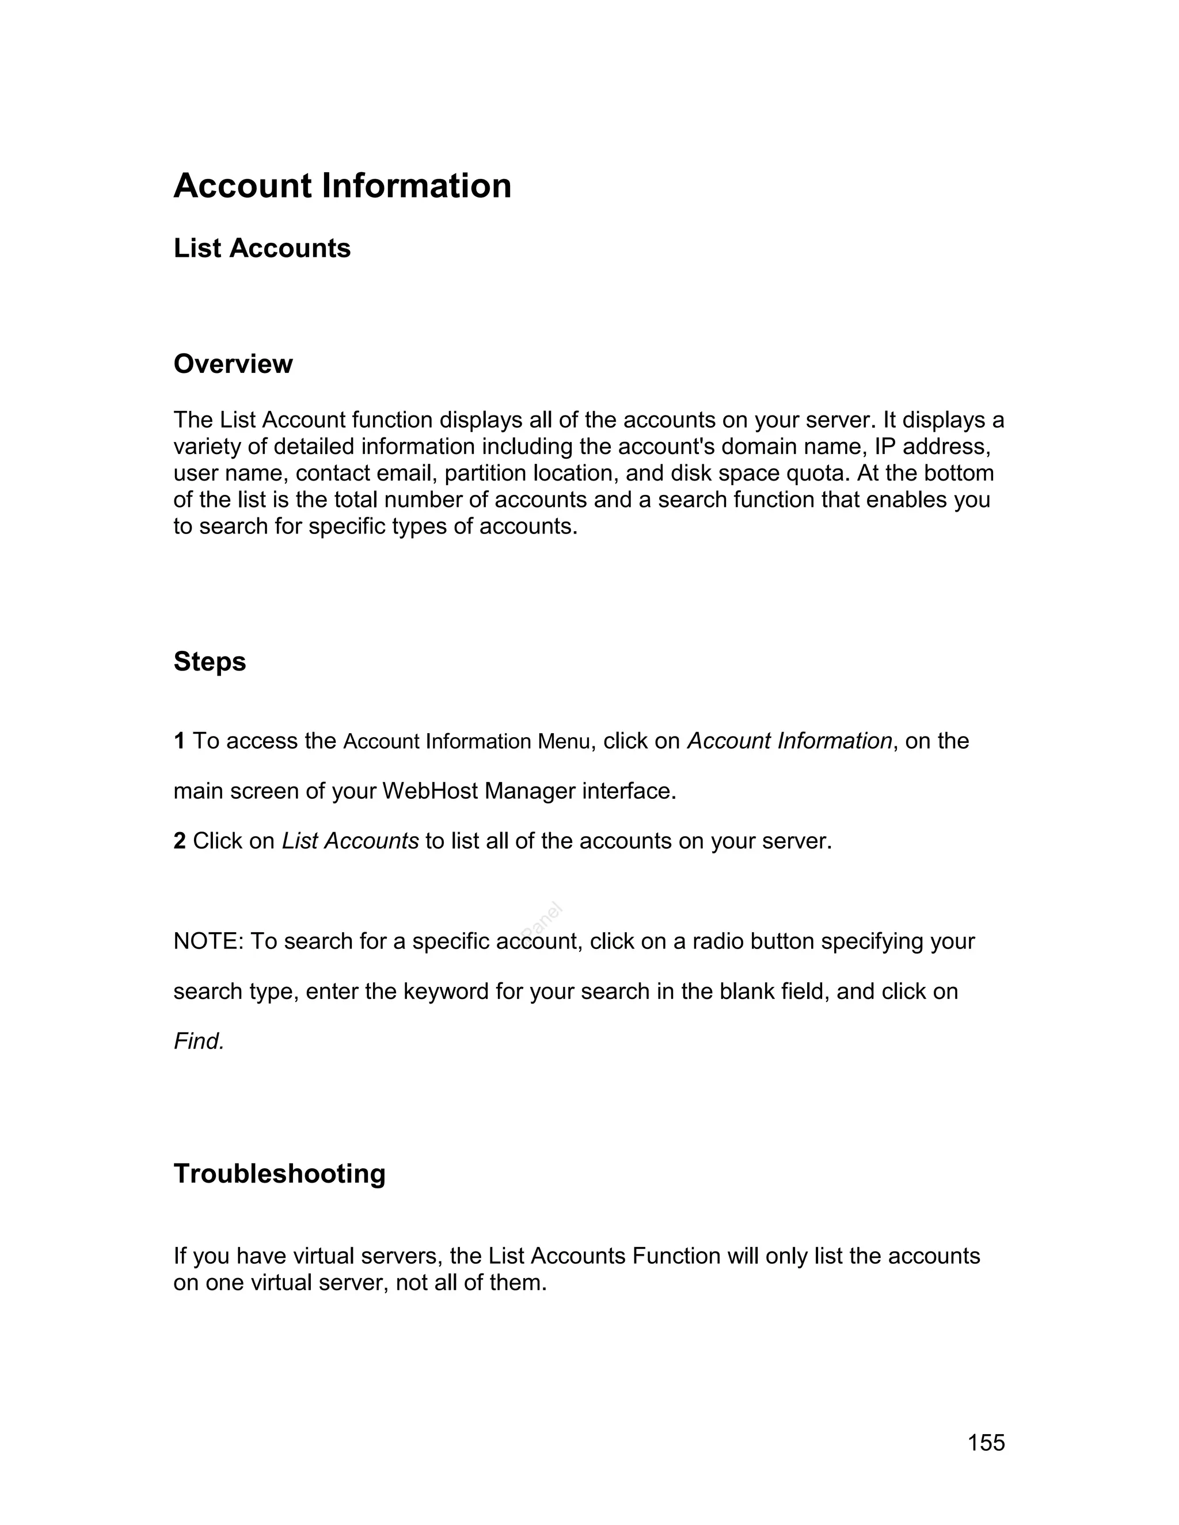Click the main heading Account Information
click(x=343, y=186)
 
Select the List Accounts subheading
click(x=262, y=249)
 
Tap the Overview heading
click(x=233, y=364)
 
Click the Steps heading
click(x=210, y=662)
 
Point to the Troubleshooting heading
click(x=279, y=1174)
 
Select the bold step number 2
click(x=180, y=841)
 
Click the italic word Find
click(x=199, y=1042)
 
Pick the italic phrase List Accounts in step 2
click(x=350, y=841)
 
